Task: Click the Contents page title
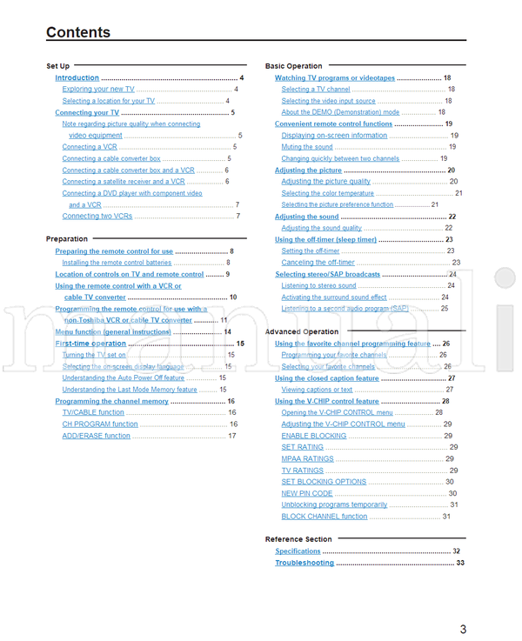(78, 33)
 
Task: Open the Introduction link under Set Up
(77, 78)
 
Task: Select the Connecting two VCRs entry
(97, 216)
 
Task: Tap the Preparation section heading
(67, 238)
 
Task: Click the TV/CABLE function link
(93, 412)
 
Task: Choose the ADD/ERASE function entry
(96, 436)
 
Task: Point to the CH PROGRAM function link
(100, 424)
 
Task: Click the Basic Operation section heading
(293, 66)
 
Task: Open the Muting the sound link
(307, 148)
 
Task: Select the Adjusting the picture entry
(308, 170)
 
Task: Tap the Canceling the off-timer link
(318, 263)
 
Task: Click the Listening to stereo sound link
(318, 285)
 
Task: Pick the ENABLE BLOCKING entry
(313, 436)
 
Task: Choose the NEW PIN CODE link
(306, 493)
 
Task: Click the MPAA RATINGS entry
(307, 458)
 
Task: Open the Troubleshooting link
(304, 563)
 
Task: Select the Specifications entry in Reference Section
(298, 551)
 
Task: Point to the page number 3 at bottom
(463, 630)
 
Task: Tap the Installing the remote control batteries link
(117, 263)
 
